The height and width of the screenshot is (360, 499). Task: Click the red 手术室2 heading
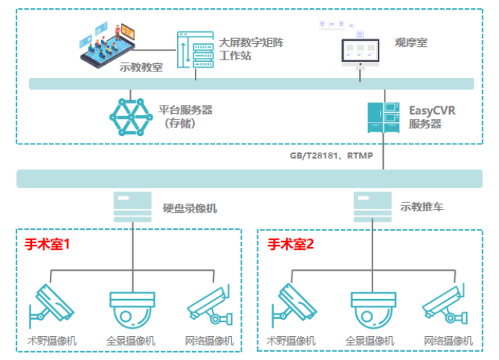[x=292, y=243]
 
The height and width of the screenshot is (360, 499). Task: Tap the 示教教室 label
[x=141, y=67]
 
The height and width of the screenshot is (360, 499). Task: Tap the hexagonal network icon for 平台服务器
[x=132, y=116]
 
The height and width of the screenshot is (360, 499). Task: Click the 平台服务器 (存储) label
[x=186, y=116]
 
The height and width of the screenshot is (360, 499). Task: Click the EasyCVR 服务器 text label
[x=431, y=117]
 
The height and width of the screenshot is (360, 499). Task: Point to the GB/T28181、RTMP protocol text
[x=332, y=155]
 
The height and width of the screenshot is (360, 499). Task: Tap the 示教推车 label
[x=422, y=207]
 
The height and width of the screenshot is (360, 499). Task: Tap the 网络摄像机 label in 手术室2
[x=448, y=341]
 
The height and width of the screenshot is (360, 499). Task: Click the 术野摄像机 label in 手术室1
[x=51, y=341]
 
